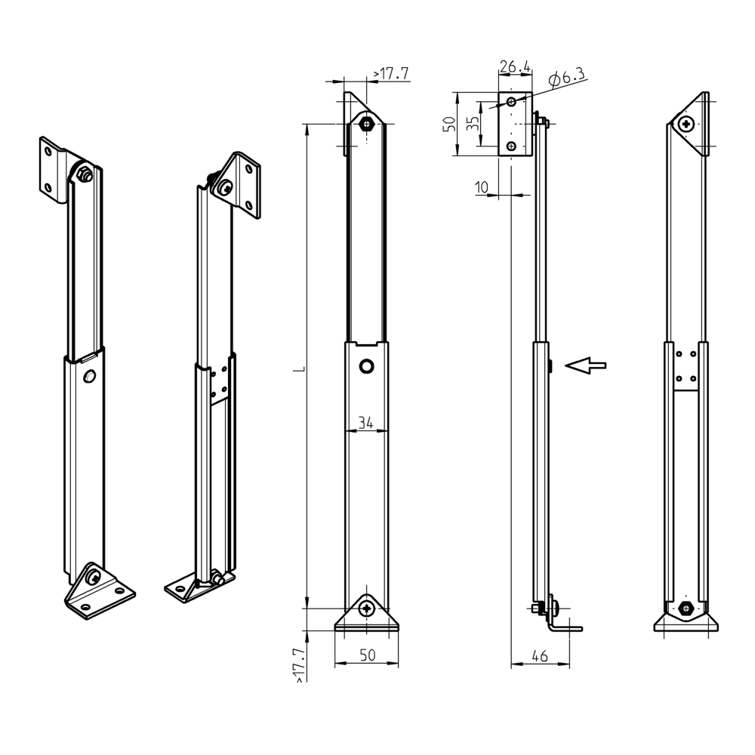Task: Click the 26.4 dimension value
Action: coord(515,66)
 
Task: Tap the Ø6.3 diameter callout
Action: coord(567,76)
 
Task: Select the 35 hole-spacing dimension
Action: coord(473,123)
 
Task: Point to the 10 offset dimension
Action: coord(482,187)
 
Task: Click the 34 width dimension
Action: coord(366,423)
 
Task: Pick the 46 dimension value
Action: coord(541,656)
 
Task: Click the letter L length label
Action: coord(301,369)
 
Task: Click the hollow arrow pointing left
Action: coord(586,365)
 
